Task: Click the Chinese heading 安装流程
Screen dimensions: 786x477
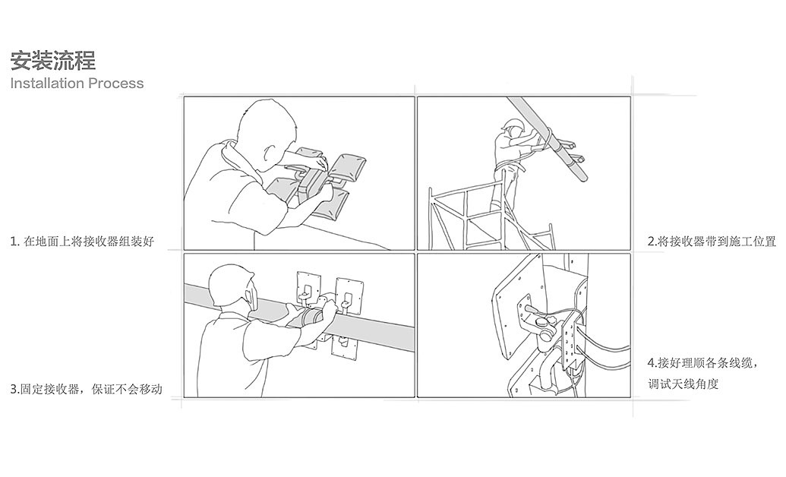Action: [x=53, y=61]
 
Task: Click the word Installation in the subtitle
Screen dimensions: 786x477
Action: [x=48, y=84]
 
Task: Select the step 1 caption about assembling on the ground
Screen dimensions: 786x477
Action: [x=82, y=242]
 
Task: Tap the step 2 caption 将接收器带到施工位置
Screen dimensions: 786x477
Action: [x=712, y=242]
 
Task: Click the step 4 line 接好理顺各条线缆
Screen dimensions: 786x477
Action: [x=702, y=362]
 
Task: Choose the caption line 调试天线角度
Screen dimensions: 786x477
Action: [x=683, y=384]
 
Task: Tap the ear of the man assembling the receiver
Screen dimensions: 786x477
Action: [x=270, y=153]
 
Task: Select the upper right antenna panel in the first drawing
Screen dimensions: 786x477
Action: [x=346, y=167]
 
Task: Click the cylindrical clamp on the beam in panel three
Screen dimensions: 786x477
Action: [x=314, y=317]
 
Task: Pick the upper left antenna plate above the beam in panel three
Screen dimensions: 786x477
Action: [x=309, y=288]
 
